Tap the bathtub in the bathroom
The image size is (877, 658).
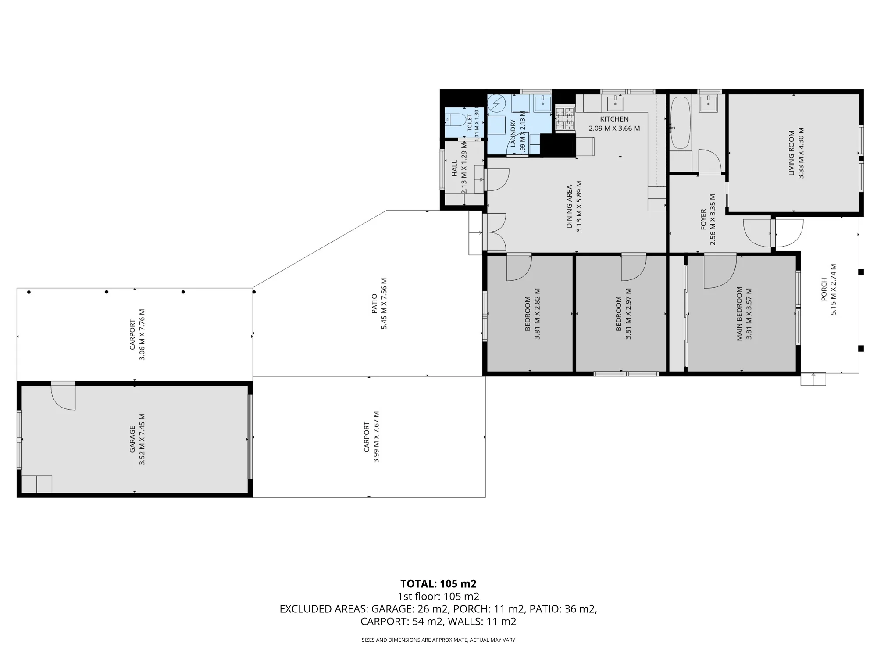(x=680, y=122)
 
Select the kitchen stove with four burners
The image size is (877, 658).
(x=565, y=118)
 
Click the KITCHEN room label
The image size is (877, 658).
(x=614, y=119)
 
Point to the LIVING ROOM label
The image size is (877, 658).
(x=791, y=153)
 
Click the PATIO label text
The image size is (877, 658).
(x=374, y=304)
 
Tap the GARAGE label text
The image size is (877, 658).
(x=132, y=439)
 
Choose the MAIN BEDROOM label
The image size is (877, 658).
(x=739, y=314)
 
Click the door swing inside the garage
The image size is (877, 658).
(x=63, y=397)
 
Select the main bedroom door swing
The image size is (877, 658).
(x=720, y=272)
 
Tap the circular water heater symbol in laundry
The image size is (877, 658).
(x=497, y=103)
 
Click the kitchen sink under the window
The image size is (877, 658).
(x=615, y=103)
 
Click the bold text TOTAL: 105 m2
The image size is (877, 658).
(x=438, y=584)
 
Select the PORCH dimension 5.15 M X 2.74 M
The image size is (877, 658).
(x=834, y=289)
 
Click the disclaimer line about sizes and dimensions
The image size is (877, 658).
(x=438, y=640)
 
